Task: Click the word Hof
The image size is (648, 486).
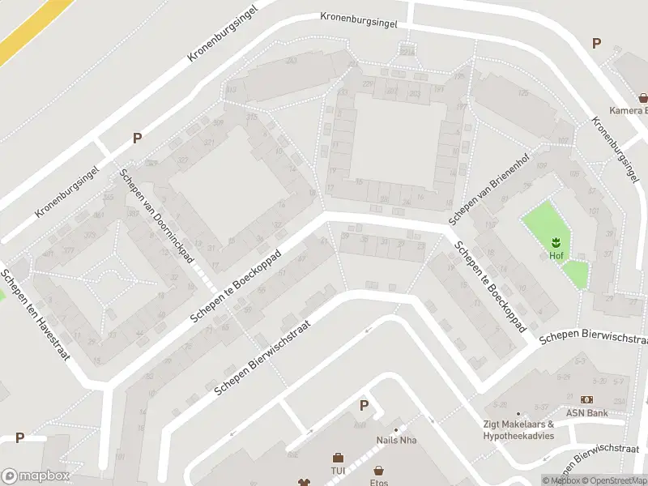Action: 556,255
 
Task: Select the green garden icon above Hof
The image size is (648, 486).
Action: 556,242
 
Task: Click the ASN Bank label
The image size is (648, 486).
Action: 586,411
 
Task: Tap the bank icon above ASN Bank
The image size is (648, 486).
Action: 586,399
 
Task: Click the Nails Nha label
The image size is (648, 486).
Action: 395,441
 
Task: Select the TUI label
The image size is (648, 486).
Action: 338,470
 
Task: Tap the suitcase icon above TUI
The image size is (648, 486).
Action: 338,458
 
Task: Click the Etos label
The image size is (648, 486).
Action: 378,483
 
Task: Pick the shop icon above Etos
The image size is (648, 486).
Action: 378,471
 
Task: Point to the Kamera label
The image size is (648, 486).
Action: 629,110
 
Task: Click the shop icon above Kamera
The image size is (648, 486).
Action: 643,97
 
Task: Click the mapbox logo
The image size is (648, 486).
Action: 36,476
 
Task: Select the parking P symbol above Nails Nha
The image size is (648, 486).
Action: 364,406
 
